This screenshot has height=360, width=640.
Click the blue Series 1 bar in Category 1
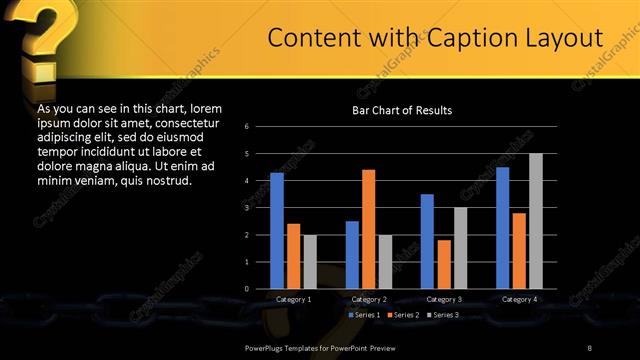pyautogui.click(x=277, y=231)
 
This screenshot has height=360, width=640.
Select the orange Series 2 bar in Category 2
pyautogui.click(x=368, y=229)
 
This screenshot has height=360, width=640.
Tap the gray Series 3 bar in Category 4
pyautogui.click(x=535, y=221)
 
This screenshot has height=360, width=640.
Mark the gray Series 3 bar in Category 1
pyautogui.click(x=310, y=262)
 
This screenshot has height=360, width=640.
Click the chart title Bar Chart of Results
pyautogui.click(x=401, y=109)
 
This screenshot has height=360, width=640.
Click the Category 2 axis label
pyautogui.click(x=368, y=299)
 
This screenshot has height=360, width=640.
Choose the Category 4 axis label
pyautogui.click(x=518, y=299)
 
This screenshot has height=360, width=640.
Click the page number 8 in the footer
pyautogui.click(x=590, y=346)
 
